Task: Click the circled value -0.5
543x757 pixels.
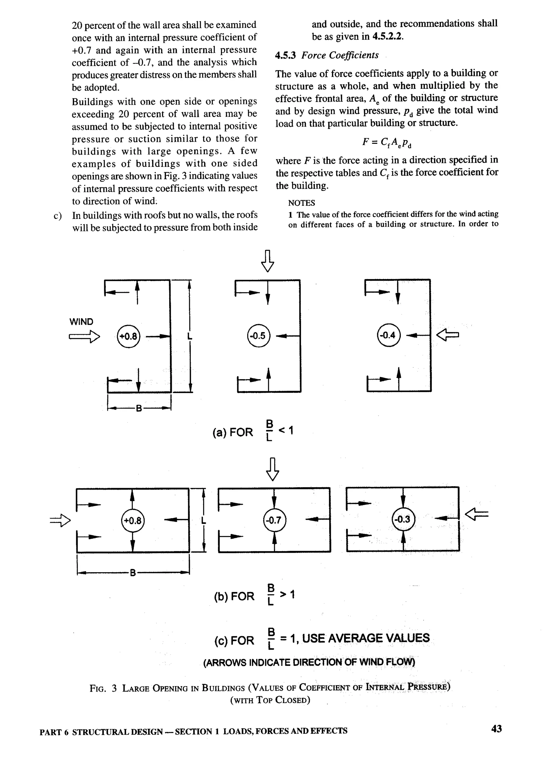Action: pos(258,336)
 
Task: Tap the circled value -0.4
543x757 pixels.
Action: pos(388,335)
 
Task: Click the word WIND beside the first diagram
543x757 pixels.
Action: pos(81,322)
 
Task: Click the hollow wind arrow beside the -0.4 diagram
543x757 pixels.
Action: pos(448,334)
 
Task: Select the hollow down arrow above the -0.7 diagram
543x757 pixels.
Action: pos(273,469)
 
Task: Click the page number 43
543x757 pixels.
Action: pos(496,728)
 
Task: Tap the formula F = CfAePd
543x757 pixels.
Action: pos(387,142)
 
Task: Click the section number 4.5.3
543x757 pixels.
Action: pos(285,55)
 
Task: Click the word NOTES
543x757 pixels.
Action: pos(301,203)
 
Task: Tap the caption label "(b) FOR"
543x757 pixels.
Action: pos(234,596)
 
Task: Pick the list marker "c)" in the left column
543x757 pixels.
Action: pos(58,216)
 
